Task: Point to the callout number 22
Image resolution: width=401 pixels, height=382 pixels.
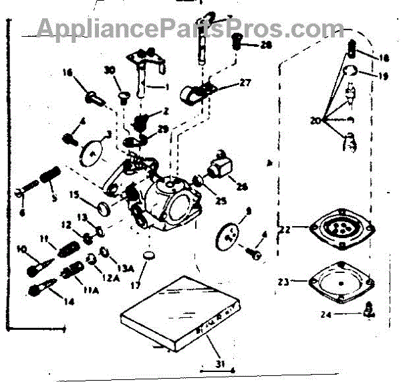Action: pos(285,229)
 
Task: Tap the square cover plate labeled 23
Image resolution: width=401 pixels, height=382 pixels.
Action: pos(340,281)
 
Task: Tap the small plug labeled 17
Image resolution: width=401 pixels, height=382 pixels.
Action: pos(150,256)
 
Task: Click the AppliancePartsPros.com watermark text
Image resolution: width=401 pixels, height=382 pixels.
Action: pos(181,27)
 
